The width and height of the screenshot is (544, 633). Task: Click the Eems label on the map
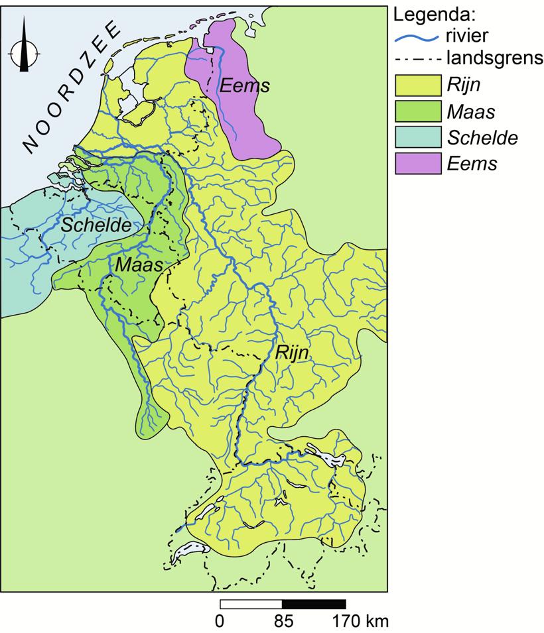pyautogui.click(x=245, y=86)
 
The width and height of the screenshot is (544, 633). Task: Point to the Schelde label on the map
pyautogui.click(x=96, y=225)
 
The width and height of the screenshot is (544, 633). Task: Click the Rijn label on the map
pyautogui.click(x=292, y=353)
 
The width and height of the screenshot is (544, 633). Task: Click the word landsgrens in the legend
pyautogui.click(x=494, y=58)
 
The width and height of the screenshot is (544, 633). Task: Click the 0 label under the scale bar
pyautogui.click(x=220, y=622)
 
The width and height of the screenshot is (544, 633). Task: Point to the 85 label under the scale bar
pyautogui.click(x=283, y=622)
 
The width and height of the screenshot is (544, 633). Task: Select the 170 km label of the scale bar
pyautogui.click(x=358, y=622)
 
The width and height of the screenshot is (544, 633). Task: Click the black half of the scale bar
pyautogui.click(x=314, y=604)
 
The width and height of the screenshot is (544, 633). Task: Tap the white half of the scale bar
pyautogui.click(x=251, y=604)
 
